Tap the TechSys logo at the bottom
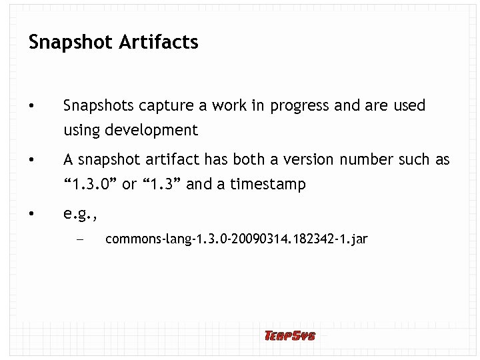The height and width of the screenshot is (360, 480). point(289,335)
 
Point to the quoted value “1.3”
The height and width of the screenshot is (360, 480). point(159,184)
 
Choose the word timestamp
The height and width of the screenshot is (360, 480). point(268,185)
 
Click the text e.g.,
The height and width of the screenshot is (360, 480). point(81,214)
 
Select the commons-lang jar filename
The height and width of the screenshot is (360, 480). point(236,239)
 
